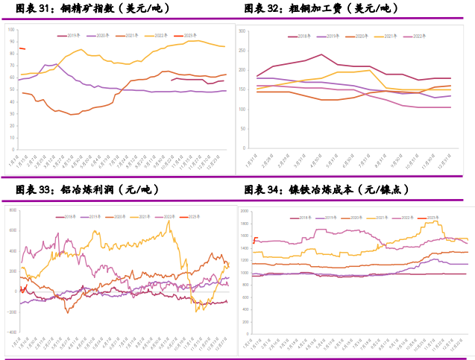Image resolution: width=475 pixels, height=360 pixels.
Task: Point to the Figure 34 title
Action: [x=327, y=191]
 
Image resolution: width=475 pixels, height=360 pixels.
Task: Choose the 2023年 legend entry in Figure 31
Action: [x=191, y=34]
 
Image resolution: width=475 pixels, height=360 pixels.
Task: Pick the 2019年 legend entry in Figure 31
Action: [x=73, y=34]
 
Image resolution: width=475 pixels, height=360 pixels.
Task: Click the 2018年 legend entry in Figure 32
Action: [x=301, y=35]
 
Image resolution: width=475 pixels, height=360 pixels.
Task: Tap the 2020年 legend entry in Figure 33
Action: [x=119, y=216]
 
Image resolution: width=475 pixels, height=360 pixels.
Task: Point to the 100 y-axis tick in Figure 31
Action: [x=11, y=28]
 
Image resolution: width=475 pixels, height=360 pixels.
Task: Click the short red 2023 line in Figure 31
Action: [x=22, y=48]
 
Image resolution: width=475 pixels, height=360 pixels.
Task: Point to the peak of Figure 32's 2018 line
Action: [x=321, y=54]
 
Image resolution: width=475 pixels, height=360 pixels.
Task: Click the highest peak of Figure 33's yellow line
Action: [x=170, y=221]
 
